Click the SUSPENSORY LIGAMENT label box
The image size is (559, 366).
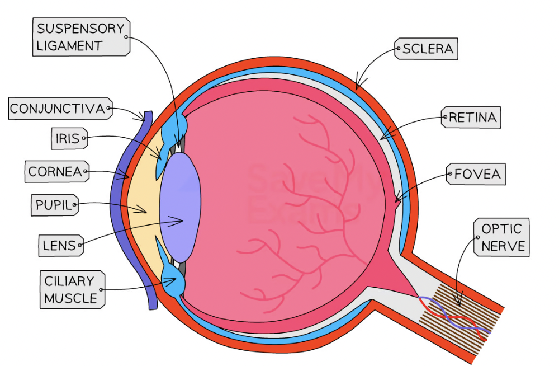pyautogui.click(x=81, y=37)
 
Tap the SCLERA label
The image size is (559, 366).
pyautogui.click(x=427, y=49)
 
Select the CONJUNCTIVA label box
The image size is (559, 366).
pyautogui.click(x=60, y=108)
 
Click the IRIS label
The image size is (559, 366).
pyautogui.click(x=69, y=138)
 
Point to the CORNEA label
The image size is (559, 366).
pyautogui.click(x=57, y=171)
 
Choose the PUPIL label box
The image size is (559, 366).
pyautogui.click(x=55, y=205)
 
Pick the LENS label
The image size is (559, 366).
pyautogui.click(x=61, y=245)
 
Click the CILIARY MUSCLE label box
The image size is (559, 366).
pyautogui.click(x=72, y=289)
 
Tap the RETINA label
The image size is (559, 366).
pyautogui.click(x=471, y=117)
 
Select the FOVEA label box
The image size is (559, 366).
pyautogui.click(x=476, y=174)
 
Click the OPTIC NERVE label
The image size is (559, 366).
pyautogui.click(x=501, y=237)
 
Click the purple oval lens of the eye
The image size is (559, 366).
pyautogui.click(x=179, y=208)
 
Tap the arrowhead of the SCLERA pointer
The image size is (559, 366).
pyautogui.click(x=358, y=86)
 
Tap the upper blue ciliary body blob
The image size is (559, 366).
pyautogui.click(x=174, y=129)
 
